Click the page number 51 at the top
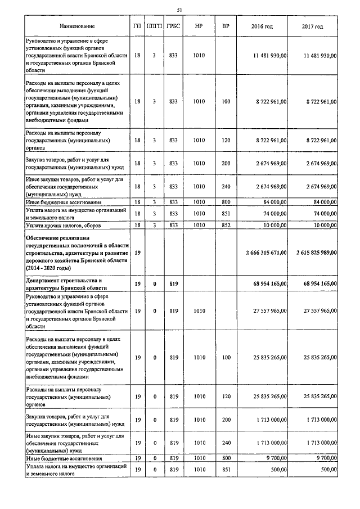click(x=179, y=10)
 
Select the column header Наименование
click(x=76, y=26)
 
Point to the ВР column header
click(x=226, y=26)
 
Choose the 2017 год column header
click(x=312, y=26)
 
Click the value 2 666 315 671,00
click(x=267, y=253)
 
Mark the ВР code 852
click(x=226, y=225)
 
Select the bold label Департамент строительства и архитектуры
click(x=65, y=283)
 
